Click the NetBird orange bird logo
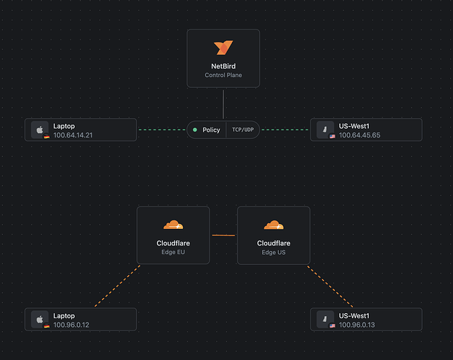(x=223, y=48)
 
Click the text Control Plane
(x=223, y=75)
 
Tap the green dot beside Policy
(x=194, y=130)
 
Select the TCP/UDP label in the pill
(x=243, y=130)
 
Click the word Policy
(x=212, y=130)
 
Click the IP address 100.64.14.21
(x=73, y=135)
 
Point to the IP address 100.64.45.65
(x=359, y=135)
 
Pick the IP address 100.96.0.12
(x=71, y=325)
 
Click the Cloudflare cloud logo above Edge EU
(x=173, y=225)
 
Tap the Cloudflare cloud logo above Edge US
(x=274, y=225)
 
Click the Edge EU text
(x=173, y=252)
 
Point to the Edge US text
(x=274, y=252)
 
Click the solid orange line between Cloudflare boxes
(x=223, y=235)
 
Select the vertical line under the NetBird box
(x=223, y=104)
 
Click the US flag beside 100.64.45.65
(x=332, y=135)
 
